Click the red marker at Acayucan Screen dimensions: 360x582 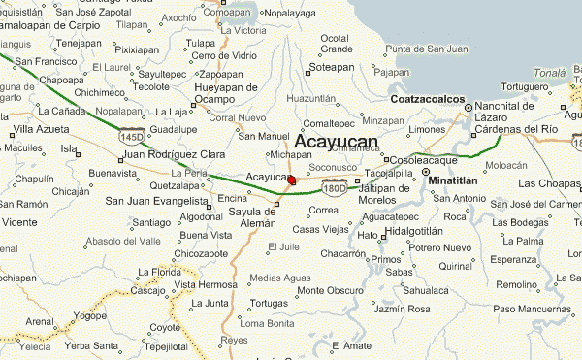coord(292,179)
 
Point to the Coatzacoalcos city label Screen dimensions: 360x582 coord(425,99)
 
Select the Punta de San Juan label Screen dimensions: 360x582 coord(428,49)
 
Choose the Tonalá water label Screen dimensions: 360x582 coord(548,73)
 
